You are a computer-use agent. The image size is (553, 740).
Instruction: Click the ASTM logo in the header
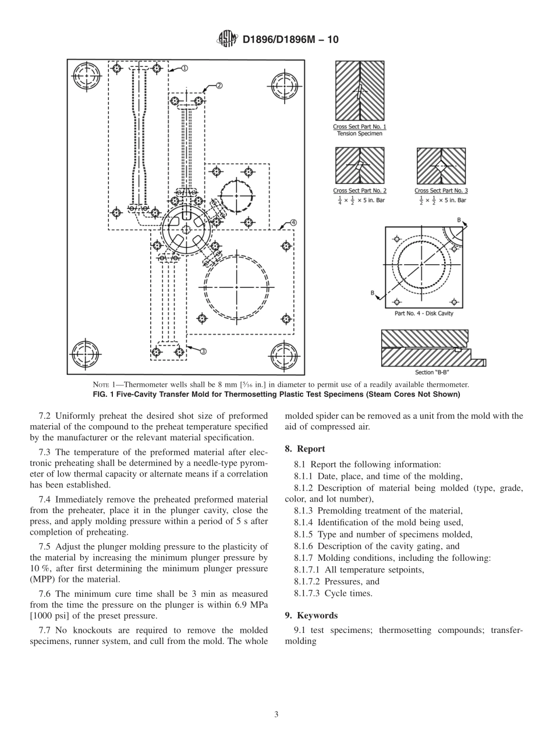pos(226,39)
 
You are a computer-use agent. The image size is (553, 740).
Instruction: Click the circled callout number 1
pos(184,68)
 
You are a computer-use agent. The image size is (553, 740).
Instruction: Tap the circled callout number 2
pos(219,85)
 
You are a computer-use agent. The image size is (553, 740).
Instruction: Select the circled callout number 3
pos(203,351)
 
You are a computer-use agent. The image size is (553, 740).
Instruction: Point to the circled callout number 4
pos(293,222)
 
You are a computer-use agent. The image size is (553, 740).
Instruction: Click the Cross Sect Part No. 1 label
pos(359,127)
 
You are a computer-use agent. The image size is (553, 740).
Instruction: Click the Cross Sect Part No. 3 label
pos(441,191)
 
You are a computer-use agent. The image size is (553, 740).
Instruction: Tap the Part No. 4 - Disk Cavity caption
pos(423,314)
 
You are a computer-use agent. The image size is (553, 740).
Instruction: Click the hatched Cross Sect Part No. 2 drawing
pos(359,166)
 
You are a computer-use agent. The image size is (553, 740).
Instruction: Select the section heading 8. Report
pos(305,449)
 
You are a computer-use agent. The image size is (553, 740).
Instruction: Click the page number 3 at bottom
pos(276,714)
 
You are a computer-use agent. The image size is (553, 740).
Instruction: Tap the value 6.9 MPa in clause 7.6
pos(253,606)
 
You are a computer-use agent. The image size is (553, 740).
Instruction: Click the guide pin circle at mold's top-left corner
pos(85,76)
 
